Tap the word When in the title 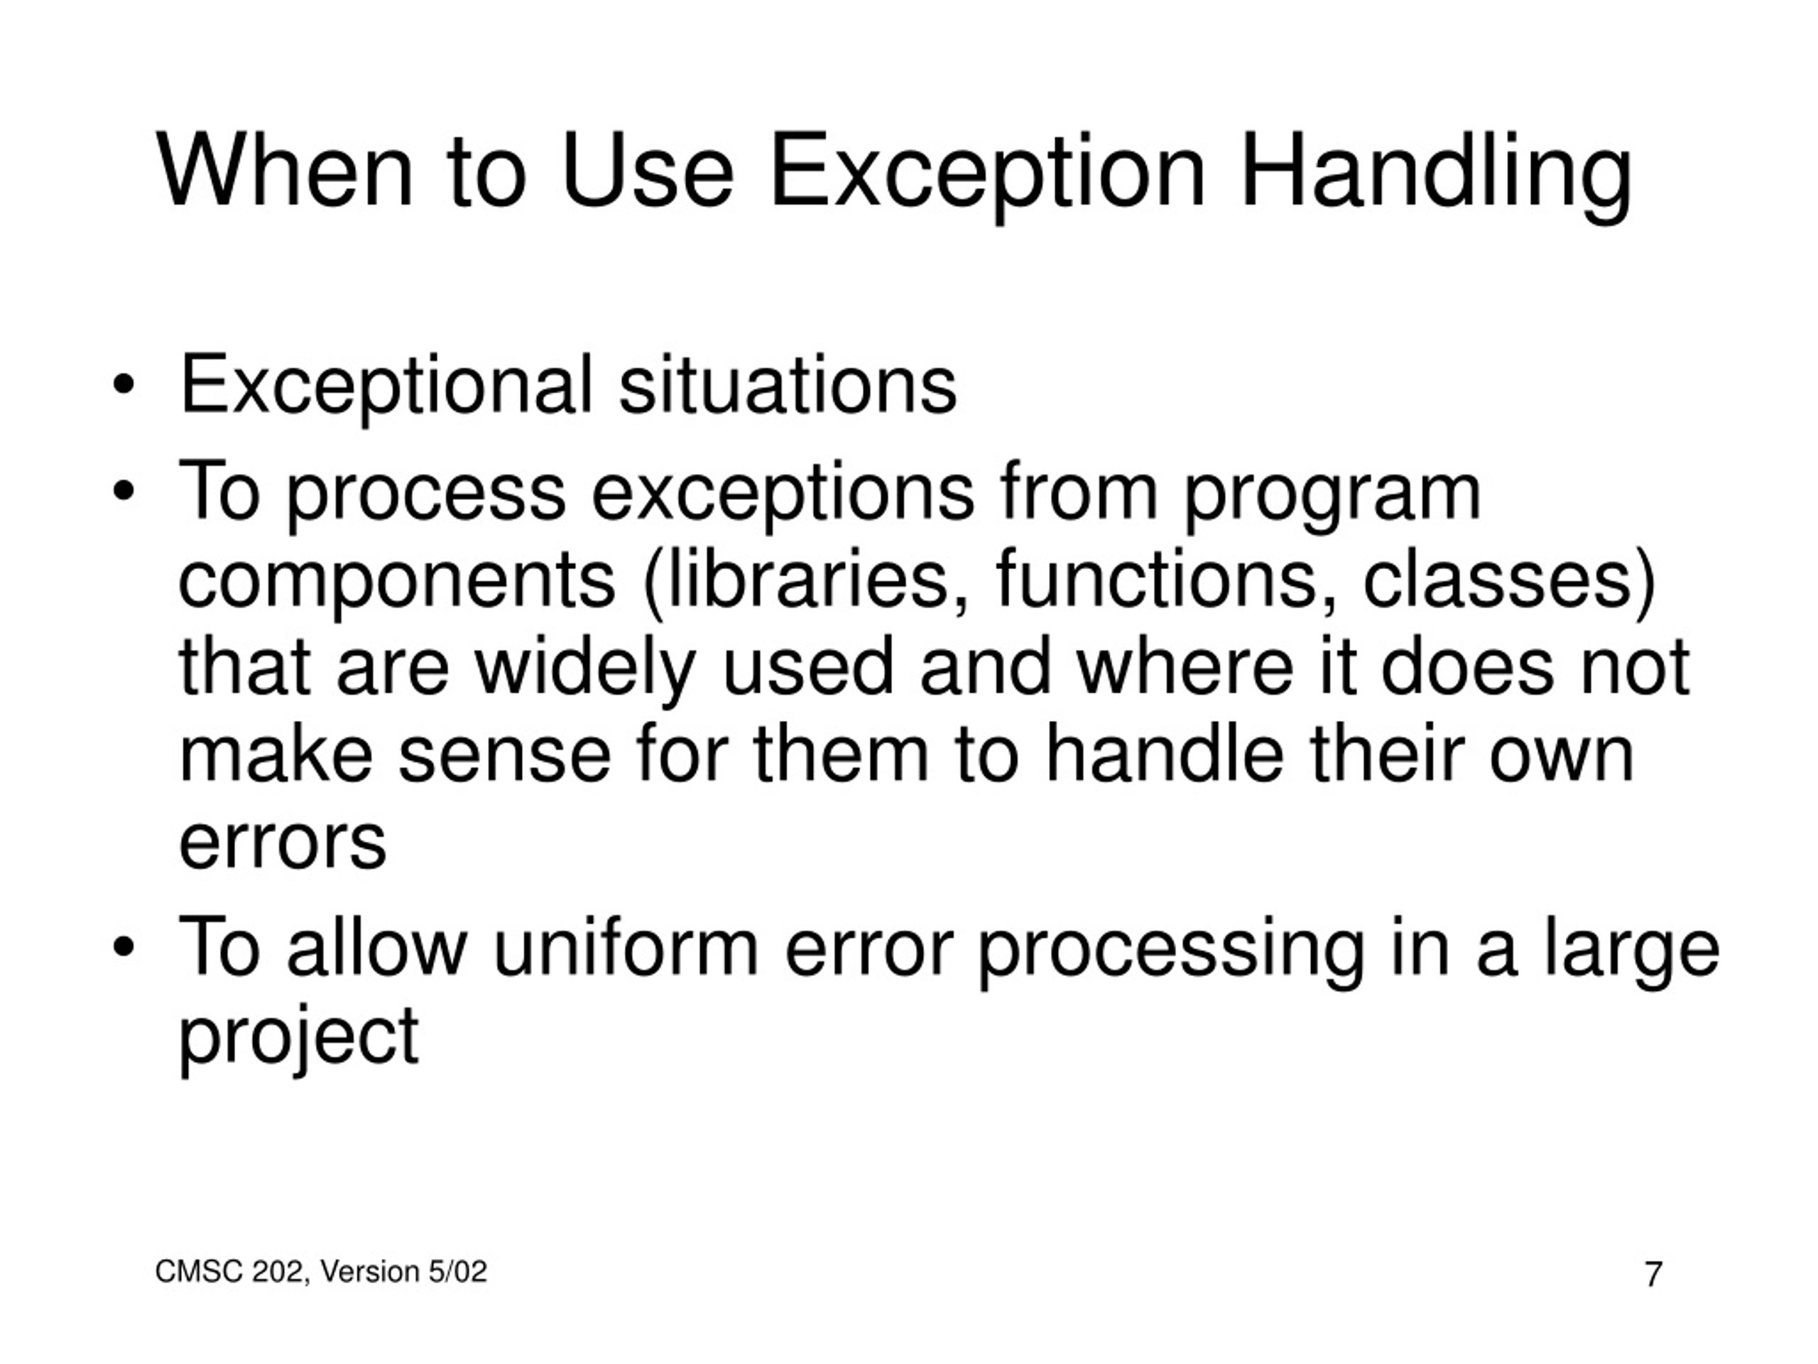[x=283, y=173]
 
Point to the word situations [x=788, y=386]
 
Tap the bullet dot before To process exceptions [x=124, y=492]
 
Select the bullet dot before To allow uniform [x=124, y=947]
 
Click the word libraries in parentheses [x=810, y=580]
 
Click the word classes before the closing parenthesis [x=1496, y=580]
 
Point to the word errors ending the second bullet [x=282, y=845]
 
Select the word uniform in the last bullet [x=625, y=949]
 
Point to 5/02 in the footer [x=457, y=1272]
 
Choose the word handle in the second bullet [x=1164, y=757]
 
